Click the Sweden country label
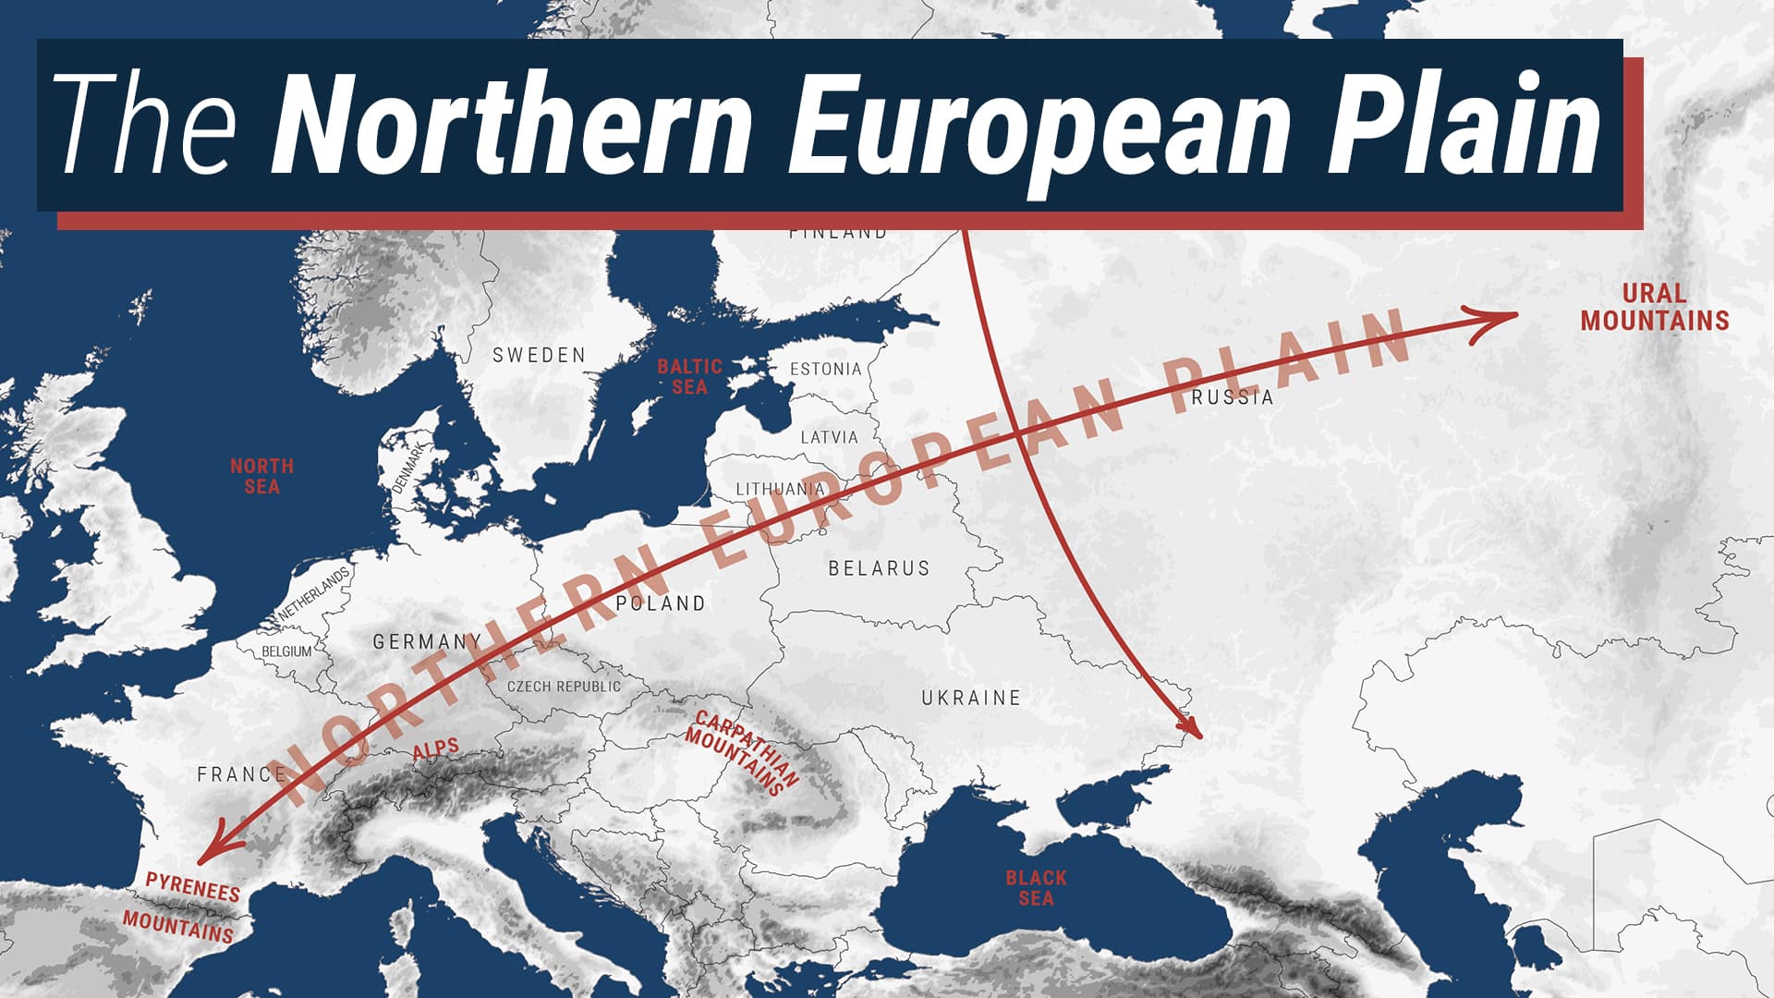tap(539, 356)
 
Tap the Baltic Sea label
tap(689, 377)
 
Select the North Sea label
tap(261, 476)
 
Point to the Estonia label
tap(825, 370)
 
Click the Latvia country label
tap(829, 437)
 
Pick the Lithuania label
tap(780, 489)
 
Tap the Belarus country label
tap(879, 568)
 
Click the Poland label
tap(661, 603)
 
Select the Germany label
tap(427, 641)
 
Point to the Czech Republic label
tap(564, 687)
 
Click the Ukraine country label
tap(971, 698)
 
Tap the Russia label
tap(1233, 397)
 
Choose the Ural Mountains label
tap(1654, 308)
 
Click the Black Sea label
tap(1036, 887)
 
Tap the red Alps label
tap(435, 750)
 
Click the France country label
tap(240, 774)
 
